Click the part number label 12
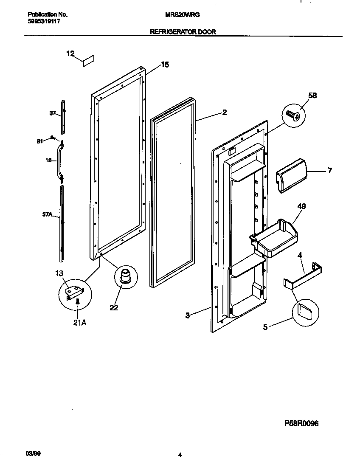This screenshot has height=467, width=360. coord(70,53)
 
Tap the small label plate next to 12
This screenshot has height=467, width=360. coord(89,60)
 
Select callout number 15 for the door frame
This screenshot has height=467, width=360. coord(165,65)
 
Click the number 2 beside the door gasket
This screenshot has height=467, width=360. coord(224,113)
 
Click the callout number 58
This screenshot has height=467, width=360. coord(312,96)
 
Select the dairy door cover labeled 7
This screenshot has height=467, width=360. coord(292,174)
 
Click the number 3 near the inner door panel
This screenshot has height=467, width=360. coord(187,315)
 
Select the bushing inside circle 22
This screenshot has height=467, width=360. coord(125,276)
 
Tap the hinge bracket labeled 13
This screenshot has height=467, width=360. coord(75,293)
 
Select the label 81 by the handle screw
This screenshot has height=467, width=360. coord(40,141)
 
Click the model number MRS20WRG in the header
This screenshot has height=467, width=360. coord(182,14)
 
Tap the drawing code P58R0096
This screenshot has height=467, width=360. coord(301,423)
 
